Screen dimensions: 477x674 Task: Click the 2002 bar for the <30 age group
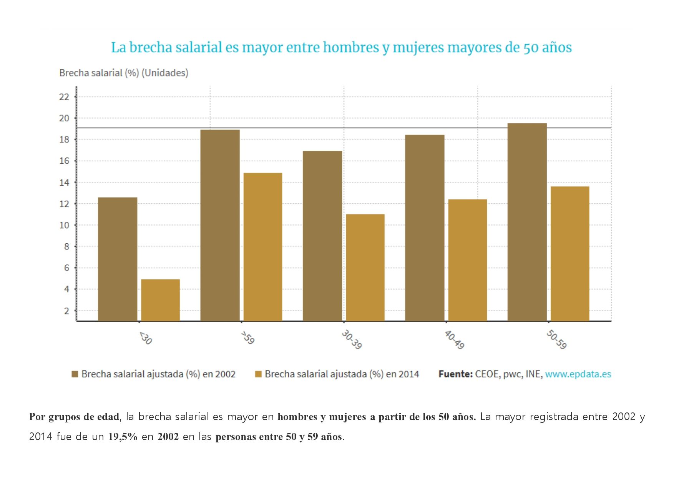coord(118,259)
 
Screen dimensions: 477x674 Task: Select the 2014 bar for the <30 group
coord(160,300)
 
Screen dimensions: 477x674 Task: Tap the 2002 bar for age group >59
coord(220,225)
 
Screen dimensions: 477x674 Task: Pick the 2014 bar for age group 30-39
coord(365,268)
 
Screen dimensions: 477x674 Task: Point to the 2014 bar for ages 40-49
coord(467,260)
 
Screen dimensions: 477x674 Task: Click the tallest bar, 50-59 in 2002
coord(527,222)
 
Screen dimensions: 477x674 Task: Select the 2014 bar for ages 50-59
coord(570,254)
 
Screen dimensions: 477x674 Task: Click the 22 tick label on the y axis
coord(64,97)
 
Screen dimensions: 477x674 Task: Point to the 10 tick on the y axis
coord(64,225)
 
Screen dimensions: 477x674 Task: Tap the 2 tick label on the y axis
coord(66,311)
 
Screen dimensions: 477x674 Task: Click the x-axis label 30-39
coord(352,339)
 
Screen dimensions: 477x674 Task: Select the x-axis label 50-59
coord(556,339)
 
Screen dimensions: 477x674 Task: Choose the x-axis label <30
coord(146,338)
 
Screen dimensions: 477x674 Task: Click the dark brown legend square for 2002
coord(75,374)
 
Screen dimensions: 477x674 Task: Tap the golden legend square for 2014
coord(258,374)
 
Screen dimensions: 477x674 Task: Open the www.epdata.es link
coord(578,374)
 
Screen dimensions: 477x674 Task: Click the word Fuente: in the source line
coord(455,374)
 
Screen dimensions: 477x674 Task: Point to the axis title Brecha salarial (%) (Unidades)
coord(124,73)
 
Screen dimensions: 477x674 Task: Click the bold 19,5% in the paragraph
coord(123,437)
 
